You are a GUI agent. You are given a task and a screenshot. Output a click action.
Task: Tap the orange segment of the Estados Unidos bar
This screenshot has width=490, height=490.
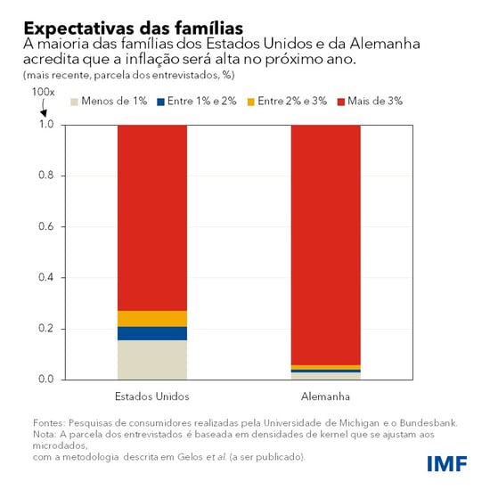click(x=151, y=318)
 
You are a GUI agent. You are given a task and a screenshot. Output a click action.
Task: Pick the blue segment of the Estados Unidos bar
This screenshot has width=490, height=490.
click(x=151, y=333)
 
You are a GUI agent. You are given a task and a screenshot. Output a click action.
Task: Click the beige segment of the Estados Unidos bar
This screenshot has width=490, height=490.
click(x=151, y=359)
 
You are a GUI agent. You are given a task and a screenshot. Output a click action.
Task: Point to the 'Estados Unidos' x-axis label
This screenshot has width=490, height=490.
click(x=151, y=396)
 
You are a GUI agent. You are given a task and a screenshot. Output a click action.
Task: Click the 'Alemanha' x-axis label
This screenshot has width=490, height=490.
click(x=326, y=396)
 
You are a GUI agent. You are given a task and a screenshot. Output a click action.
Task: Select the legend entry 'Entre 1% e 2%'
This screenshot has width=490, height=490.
click(x=197, y=102)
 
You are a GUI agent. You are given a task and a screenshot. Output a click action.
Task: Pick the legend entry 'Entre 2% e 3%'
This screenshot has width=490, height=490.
click(x=287, y=102)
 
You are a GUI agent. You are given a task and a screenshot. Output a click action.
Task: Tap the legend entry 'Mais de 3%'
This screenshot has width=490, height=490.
click(x=369, y=102)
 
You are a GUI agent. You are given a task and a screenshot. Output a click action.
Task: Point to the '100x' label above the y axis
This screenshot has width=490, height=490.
click(x=43, y=93)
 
